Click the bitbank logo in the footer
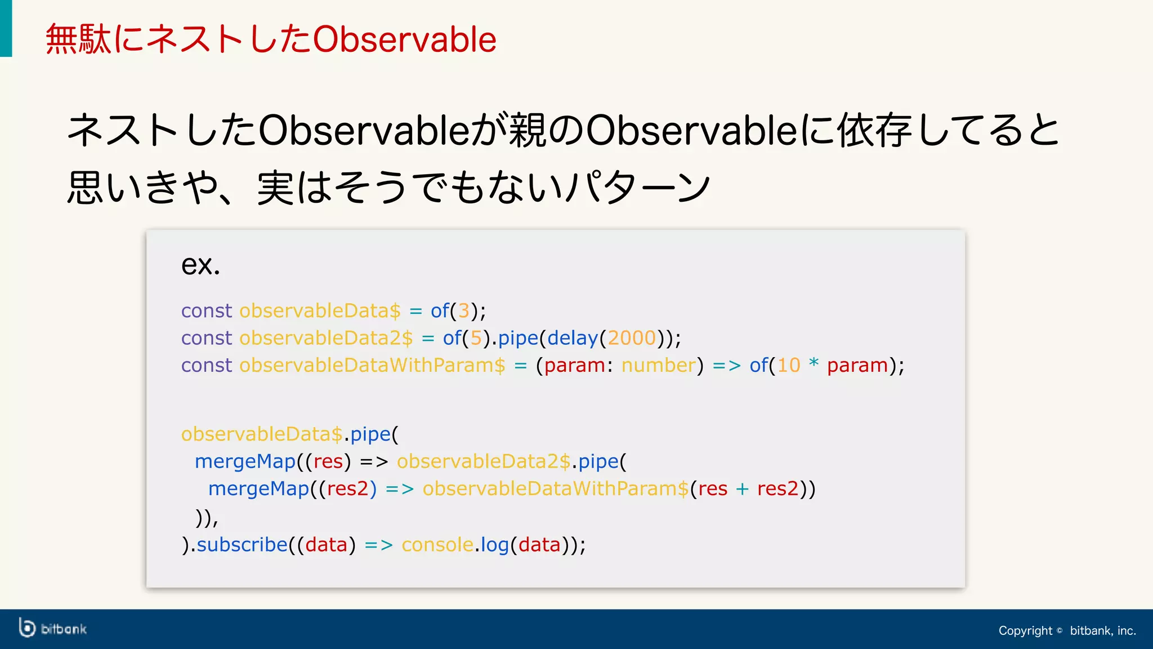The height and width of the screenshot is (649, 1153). pyautogui.click(x=52, y=628)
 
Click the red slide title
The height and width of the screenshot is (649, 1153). pyautogui.click(x=271, y=39)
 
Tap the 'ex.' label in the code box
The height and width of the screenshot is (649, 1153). pyautogui.click(x=200, y=264)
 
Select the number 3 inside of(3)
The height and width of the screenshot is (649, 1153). pyautogui.click(x=463, y=310)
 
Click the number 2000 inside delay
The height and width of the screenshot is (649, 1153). pyautogui.click(x=632, y=338)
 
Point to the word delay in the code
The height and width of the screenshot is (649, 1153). pyautogui.click(x=572, y=338)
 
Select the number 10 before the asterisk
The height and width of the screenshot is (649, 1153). pyautogui.click(x=788, y=365)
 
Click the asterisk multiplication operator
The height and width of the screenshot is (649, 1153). pyautogui.click(x=814, y=363)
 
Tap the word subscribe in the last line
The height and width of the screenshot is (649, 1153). pyautogui.click(x=242, y=545)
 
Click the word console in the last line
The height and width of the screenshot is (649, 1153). pyautogui.click(x=437, y=545)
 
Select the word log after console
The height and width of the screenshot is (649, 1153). pyautogui.click(x=494, y=545)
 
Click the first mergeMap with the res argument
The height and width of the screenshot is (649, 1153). pyautogui.click(x=245, y=461)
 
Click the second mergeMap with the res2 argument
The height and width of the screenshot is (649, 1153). pyautogui.click(x=258, y=488)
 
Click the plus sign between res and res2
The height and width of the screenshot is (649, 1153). pyautogui.click(x=742, y=489)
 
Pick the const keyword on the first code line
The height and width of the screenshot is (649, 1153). pyautogui.click(x=206, y=310)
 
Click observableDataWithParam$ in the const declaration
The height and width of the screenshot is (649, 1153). pyautogui.click(x=372, y=365)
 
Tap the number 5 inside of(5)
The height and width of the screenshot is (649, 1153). pyautogui.click(x=476, y=338)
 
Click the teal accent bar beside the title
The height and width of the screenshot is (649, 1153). pyautogui.click(x=6, y=28)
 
